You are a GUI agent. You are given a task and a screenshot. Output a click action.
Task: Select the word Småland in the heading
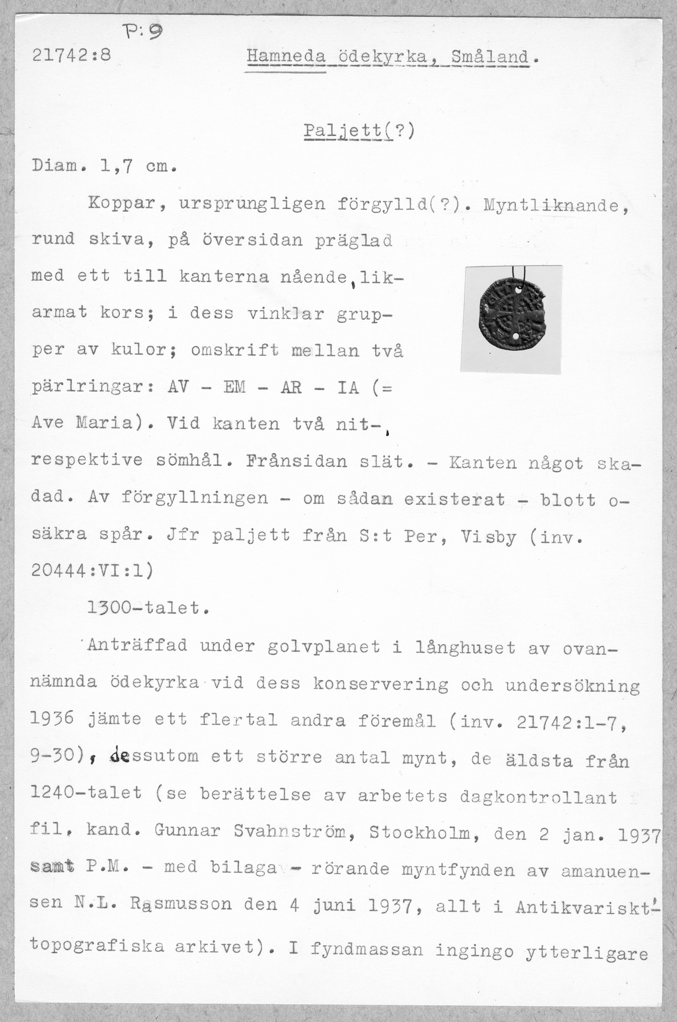tap(490, 57)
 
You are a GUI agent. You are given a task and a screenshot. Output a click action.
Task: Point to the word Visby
tap(488, 537)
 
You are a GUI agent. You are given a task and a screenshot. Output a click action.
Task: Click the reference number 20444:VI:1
tap(91, 571)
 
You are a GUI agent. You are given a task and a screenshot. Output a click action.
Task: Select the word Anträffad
tap(137, 646)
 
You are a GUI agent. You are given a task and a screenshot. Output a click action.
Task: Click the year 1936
tap(52, 719)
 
